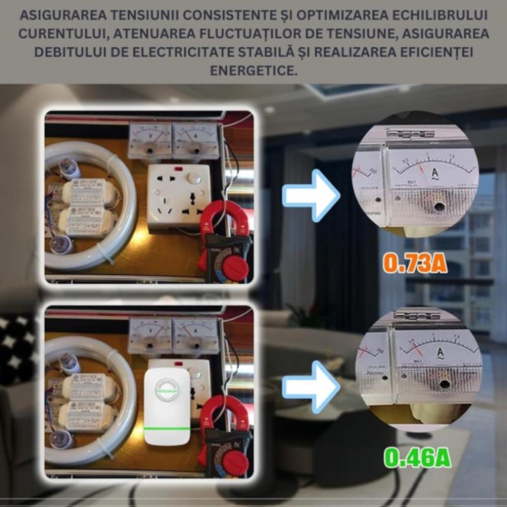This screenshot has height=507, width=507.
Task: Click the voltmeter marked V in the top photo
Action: pos(150,140)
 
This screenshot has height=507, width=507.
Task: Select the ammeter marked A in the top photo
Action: pos(195,140)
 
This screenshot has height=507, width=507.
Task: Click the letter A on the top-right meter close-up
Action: pos(435,172)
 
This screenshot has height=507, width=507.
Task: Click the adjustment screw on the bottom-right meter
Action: pos(444,383)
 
